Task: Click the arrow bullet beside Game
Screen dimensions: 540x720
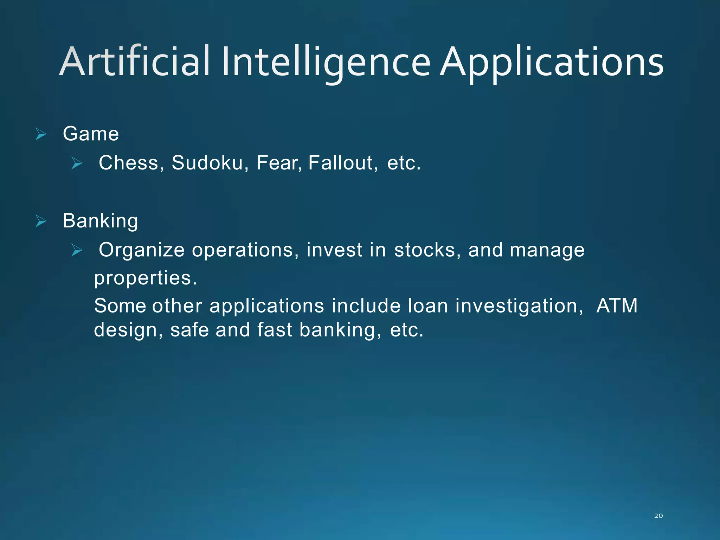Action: [41, 134]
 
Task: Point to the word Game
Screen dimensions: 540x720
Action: [91, 134]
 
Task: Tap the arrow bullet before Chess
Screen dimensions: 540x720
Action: [77, 163]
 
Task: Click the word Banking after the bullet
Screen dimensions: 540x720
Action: [100, 221]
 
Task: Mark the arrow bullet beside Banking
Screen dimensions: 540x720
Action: [41, 221]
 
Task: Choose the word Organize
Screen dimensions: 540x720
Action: [141, 250]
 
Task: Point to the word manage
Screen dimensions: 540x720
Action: [547, 251]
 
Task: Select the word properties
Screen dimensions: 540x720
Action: [145, 278]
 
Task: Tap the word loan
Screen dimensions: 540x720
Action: [427, 306]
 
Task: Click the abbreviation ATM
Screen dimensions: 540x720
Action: [617, 306]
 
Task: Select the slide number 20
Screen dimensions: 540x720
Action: [658, 516]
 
